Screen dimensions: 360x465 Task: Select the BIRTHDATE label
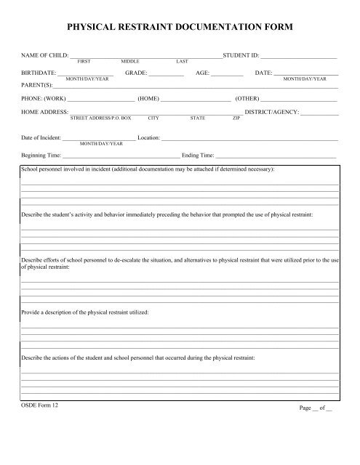pyautogui.click(x=38, y=73)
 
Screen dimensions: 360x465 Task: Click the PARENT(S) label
pyautogui.click(x=36, y=85)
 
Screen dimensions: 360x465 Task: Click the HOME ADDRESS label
pyautogui.click(x=44, y=112)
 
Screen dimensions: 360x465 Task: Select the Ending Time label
pyautogui.click(x=198, y=154)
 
